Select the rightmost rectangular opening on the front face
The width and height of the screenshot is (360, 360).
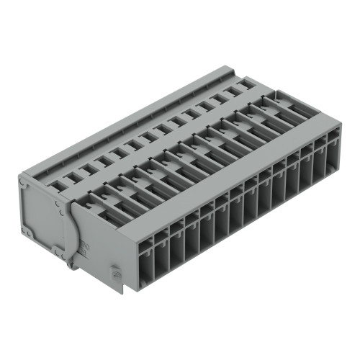(x=333, y=154)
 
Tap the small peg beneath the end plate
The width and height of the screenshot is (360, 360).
(x=70, y=267)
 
